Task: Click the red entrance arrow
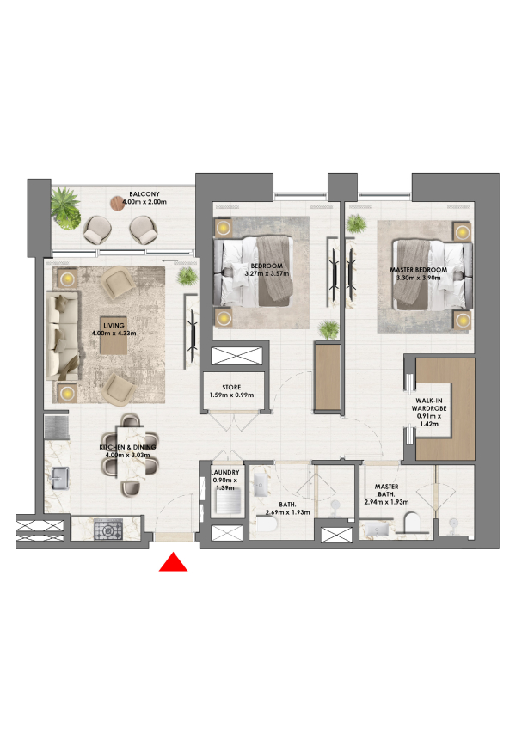point(173,562)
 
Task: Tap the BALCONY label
point(144,194)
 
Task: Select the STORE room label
point(231,388)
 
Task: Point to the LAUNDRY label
point(225,472)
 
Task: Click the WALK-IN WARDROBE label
point(429,405)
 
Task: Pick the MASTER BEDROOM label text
point(419,270)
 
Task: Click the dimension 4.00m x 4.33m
point(114,333)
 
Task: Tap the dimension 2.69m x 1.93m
point(287,512)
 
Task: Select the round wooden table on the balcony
point(117,204)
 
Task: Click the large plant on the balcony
point(65,208)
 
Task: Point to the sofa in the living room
point(61,336)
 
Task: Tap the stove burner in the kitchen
point(108,530)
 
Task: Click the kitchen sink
point(60,478)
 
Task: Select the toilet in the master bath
point(411,522)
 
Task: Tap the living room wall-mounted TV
point(193,337)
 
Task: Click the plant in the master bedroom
point(356,223)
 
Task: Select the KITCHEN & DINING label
point(128,447)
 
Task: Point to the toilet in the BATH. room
point(267,525)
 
